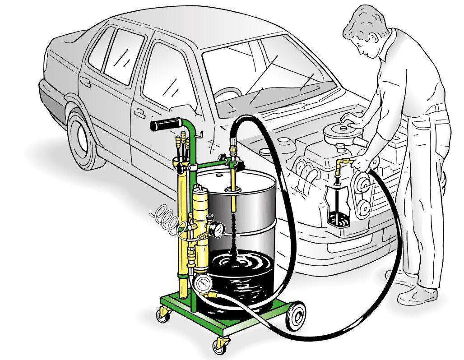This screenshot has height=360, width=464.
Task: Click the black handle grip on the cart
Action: pos(166,125)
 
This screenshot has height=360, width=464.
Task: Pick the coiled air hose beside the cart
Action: pos(168,218)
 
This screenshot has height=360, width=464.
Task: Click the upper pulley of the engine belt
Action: pos(363,183)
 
